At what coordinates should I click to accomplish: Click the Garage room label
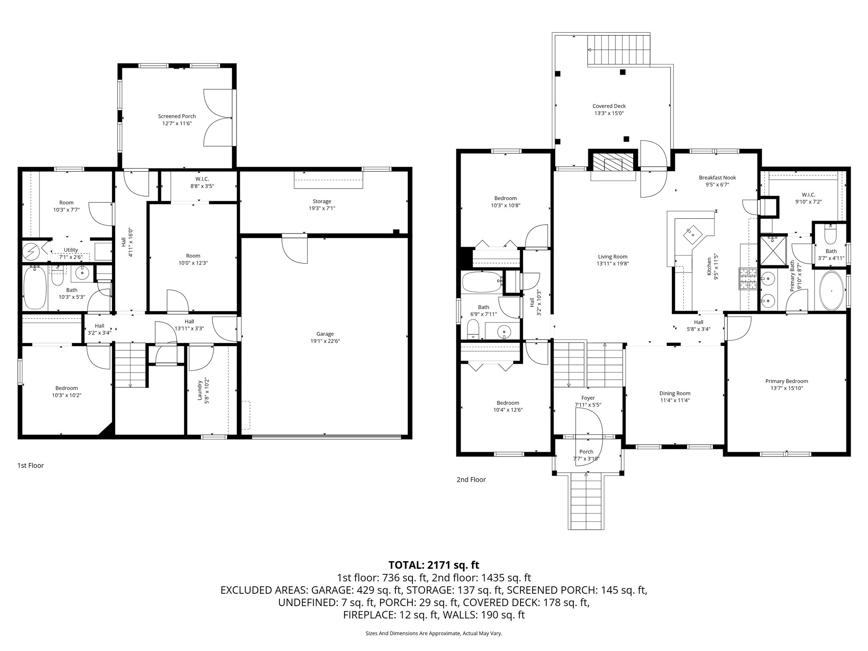point(325,334)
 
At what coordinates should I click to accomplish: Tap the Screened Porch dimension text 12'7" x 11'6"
point(177,123)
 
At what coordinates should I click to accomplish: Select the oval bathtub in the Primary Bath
point(831,291)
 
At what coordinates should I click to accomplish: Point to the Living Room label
point(612,256)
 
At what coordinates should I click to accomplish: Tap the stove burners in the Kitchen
point(748,279)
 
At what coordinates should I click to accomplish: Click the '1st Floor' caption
point(31,465)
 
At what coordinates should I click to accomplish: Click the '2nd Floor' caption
point(471,479)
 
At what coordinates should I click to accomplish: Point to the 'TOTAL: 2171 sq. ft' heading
point(434,565)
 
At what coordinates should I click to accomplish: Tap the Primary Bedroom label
point(787,381)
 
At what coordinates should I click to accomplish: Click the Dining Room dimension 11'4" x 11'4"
point(675,400)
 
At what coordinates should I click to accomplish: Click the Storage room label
point(322,201)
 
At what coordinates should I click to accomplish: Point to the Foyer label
point(588,398)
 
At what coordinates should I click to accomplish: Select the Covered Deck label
point(609,106)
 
